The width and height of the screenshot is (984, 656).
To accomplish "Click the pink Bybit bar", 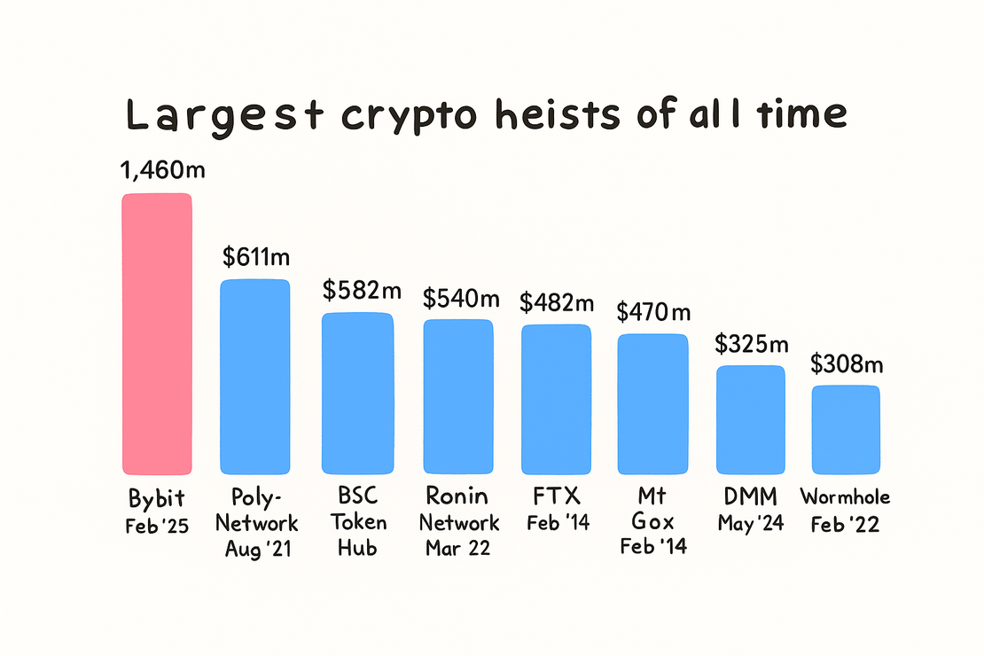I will [x=156, y=334].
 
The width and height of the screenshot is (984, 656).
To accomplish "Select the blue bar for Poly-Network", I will [x=254, y=377].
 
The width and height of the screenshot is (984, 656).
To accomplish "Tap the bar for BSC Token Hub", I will [x=356, y=394].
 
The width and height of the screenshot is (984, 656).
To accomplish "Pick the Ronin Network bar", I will [x=457, y=396].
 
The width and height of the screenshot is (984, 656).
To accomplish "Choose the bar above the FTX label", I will [x=556, y=399].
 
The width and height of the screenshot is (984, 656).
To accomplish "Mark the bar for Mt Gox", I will [x=652, y=404].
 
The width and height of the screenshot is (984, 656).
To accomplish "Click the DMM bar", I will [x=750, y=419].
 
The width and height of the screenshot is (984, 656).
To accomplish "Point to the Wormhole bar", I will [x=846, y=430].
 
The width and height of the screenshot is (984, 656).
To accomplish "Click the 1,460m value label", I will [x=163, y=170].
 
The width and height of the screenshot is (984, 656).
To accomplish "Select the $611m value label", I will [x=255, y=257].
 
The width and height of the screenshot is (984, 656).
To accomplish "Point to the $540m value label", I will [x=457, y=298].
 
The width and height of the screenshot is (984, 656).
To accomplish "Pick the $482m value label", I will [x=556, y=303].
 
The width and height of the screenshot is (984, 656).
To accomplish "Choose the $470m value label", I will [x=653, y=312].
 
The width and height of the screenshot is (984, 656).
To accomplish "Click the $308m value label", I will [x=847, y=364].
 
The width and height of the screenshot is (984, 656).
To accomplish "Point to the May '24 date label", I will [x=750, y=524].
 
